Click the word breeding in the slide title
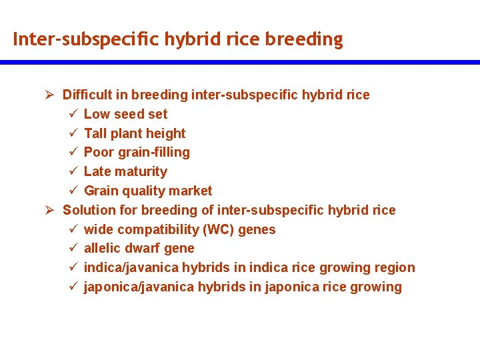304,40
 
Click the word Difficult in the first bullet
89,95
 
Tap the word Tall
95,133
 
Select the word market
191,191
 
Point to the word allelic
104,248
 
